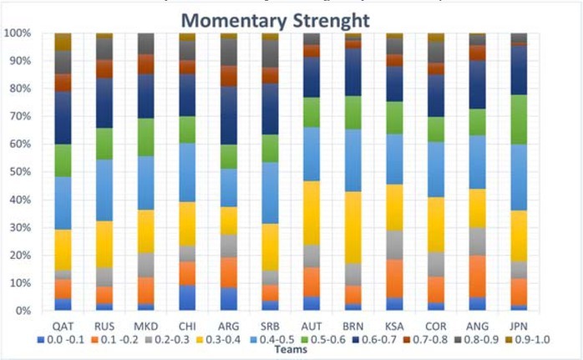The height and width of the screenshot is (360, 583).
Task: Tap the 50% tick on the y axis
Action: [18, 172]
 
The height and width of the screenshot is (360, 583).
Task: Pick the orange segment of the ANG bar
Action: [478, 276]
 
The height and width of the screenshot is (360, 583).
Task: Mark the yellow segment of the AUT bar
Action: [312, 212]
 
